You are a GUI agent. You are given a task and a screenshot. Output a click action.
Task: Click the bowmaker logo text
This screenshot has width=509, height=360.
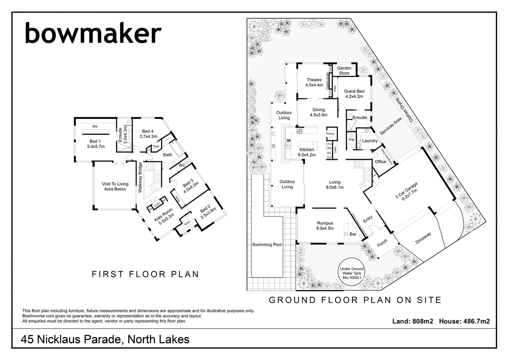[93, 33]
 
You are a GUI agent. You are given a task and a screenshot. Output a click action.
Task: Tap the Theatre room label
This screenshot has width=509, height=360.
[314, 82]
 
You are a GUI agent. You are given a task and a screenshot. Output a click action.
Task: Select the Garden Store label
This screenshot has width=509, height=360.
[344, 71]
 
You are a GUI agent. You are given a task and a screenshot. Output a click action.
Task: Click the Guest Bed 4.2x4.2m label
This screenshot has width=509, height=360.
[354, 94]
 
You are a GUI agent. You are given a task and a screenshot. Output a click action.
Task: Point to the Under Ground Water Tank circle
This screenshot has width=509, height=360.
[352, 273]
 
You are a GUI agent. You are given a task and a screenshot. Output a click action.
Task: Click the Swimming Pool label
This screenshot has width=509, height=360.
[267, 245]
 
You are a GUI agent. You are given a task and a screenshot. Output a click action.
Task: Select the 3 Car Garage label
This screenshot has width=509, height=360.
[406, 191]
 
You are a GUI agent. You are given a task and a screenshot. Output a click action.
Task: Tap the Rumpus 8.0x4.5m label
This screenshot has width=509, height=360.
[325, 226]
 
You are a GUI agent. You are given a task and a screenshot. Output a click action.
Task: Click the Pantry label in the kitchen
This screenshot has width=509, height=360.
[330, 134]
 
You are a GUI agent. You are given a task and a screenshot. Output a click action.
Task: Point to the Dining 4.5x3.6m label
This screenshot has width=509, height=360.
[318, 112]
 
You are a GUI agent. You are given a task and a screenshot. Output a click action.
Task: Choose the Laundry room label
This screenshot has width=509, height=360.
[370, 141]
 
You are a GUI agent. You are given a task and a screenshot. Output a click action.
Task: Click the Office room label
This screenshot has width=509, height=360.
[380, 162]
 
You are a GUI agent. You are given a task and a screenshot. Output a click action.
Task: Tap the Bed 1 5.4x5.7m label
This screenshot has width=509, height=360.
[96, 144]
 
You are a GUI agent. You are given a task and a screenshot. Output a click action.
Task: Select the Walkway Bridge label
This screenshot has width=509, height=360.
[140, 177]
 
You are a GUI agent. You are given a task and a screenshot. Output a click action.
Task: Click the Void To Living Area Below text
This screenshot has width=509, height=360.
[115, 186]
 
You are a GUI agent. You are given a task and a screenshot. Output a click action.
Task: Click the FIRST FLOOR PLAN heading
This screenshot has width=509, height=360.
[145, 274]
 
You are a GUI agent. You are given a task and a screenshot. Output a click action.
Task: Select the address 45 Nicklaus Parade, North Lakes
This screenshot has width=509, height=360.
[105, 339]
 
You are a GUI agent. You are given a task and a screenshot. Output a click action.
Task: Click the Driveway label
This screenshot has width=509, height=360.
[423, 238]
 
